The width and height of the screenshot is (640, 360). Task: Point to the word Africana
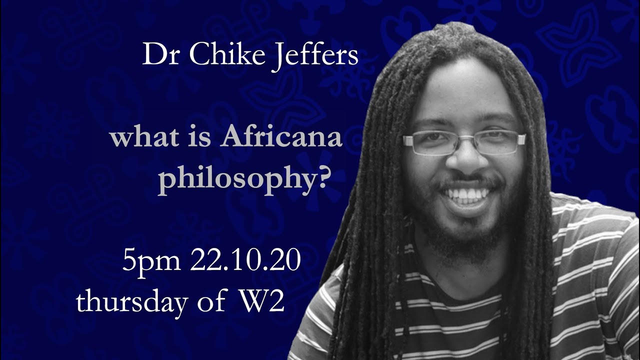coord(281,137)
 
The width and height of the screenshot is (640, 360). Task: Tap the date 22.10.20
coord(245,262)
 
